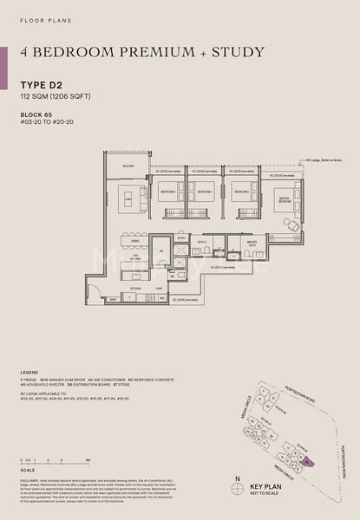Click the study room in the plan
181,237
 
